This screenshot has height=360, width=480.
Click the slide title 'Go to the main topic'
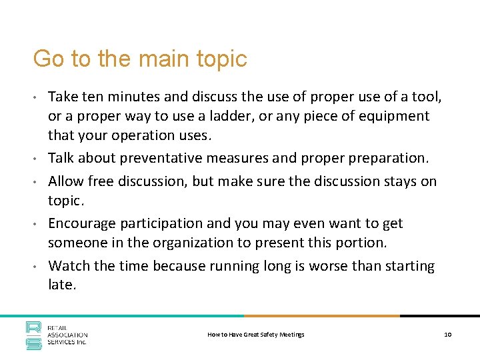(140, 59)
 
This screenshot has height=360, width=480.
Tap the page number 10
(448, 334)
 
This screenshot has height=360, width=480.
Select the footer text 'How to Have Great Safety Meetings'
(256, 334)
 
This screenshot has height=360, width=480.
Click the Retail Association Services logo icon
(34, 335)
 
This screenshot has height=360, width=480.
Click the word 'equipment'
(395, 116)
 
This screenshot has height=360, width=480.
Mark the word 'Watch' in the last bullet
(69, 266)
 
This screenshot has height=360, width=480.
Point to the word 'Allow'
(66, 180)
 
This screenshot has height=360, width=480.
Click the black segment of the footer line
(440, 316)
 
